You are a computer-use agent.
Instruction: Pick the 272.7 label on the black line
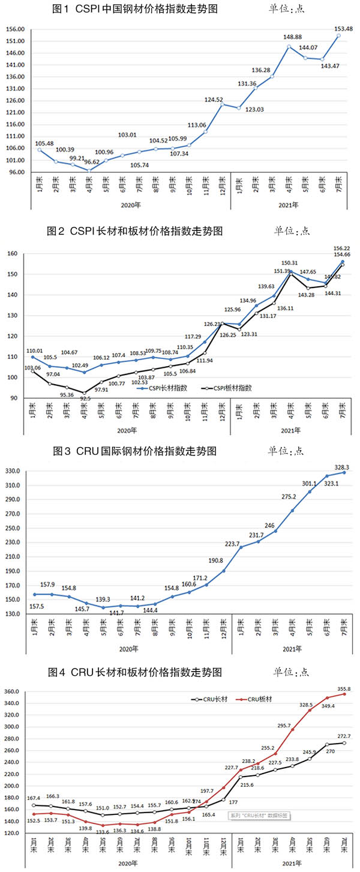[342, 736]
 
